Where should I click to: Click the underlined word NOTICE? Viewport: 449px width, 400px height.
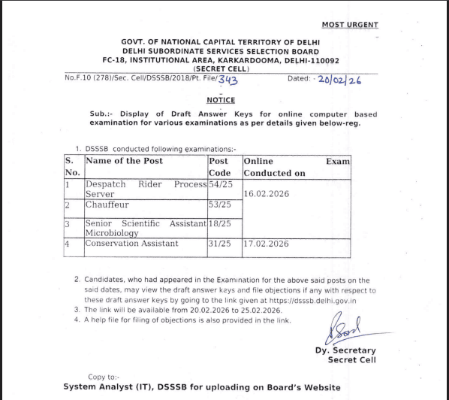pos(221,100)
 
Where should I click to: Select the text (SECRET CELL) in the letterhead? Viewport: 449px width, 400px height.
pos(221,68)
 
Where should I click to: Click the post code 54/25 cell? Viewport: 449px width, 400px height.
pos(220,184)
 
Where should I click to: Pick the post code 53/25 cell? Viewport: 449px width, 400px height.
pos(220,205)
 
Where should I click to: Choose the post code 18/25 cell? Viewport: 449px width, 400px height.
pos(220,223)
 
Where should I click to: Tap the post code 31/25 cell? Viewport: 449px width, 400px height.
pos(220,244)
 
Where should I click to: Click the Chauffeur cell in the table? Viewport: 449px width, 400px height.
pos(107,205)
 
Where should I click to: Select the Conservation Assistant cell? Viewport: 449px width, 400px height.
pos(131,244)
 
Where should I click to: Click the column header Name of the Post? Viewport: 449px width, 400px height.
pos(124,161)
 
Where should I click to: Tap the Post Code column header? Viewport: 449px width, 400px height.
pos(219,167)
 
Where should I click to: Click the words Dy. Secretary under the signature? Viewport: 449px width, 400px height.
pos(345,350)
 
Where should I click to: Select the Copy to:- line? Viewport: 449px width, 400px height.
pos(103,377)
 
